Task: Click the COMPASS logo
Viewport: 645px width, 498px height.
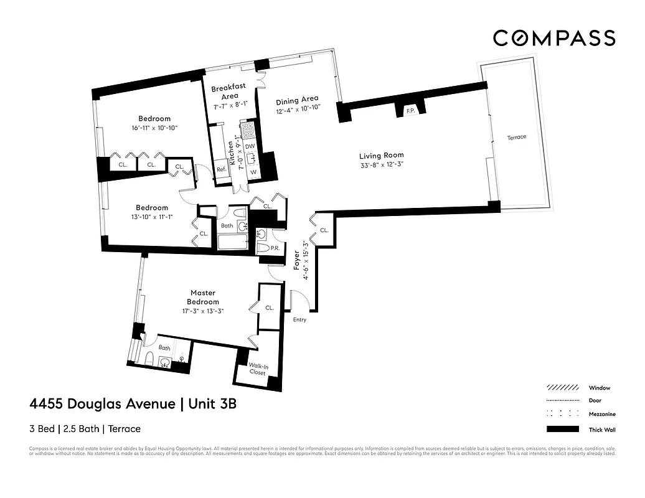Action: click(554, 38)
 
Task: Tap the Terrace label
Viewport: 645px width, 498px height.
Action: click(516, 137)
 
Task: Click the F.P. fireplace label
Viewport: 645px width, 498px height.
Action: click(410, 111)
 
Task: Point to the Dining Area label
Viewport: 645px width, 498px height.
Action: click(298, 99)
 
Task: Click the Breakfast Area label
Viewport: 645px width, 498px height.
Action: click(228, 92)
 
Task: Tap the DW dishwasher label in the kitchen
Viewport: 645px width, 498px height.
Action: click(250, 146)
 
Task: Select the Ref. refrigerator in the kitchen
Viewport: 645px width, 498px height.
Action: click(221, 169)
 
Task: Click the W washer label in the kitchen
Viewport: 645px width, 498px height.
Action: click(253, 172)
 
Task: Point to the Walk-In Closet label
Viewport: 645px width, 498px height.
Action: click(258, 369)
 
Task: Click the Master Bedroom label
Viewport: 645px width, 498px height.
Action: click(204, 297)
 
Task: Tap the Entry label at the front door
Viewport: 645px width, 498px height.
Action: click(299, 320)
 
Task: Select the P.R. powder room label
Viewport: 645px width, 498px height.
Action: click(274, 248)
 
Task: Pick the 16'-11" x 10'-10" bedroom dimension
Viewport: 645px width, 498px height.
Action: click(154, 128)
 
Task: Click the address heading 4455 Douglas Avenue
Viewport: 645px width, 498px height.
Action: click(103, 404)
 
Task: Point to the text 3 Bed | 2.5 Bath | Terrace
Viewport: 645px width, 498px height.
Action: click(85, 429)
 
